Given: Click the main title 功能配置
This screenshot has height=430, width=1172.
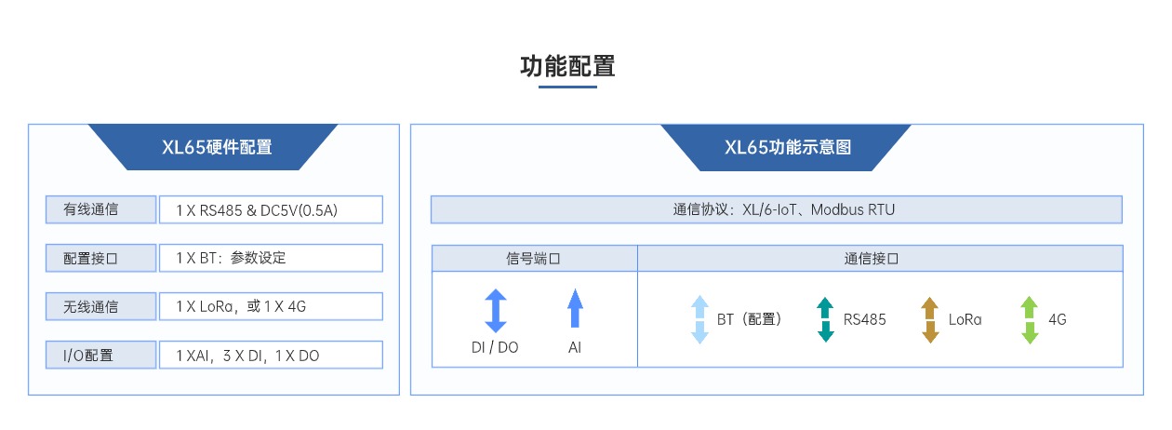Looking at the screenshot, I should click(x=567, y=67).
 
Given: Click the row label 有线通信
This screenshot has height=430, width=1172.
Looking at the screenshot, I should click(x=98, y=210).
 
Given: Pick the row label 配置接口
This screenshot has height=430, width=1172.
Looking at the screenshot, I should click(x=98, y=258).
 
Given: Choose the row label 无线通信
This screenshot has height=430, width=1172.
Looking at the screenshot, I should click(x=98, y=306).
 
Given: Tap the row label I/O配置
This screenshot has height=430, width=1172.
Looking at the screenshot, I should click(x=98, y=355).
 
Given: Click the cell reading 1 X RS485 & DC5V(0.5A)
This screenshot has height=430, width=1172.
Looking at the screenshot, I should click(x=270, y=210).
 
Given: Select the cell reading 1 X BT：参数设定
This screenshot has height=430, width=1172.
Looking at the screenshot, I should click(x=270, y=258).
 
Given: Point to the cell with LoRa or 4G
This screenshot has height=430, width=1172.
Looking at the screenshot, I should click(x=270, y=306).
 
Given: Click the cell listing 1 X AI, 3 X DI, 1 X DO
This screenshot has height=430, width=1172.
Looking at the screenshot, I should click(x=270, y=355).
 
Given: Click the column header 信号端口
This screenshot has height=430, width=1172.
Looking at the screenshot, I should click(x=534, y=259).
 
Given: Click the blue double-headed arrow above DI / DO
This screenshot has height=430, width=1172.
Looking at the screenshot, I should click(x=496, y=311).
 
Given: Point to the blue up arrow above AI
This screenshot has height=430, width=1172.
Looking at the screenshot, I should click(x=574, y=309).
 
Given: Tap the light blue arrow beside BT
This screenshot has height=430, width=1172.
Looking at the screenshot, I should click(x=699, y=319).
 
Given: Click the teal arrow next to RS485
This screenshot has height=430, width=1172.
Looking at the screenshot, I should click(x=825, y=319).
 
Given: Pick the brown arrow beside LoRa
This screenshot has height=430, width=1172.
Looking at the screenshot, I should click(x=930, y=319).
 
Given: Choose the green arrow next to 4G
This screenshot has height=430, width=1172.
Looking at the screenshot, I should click(x=1030, y=319).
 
